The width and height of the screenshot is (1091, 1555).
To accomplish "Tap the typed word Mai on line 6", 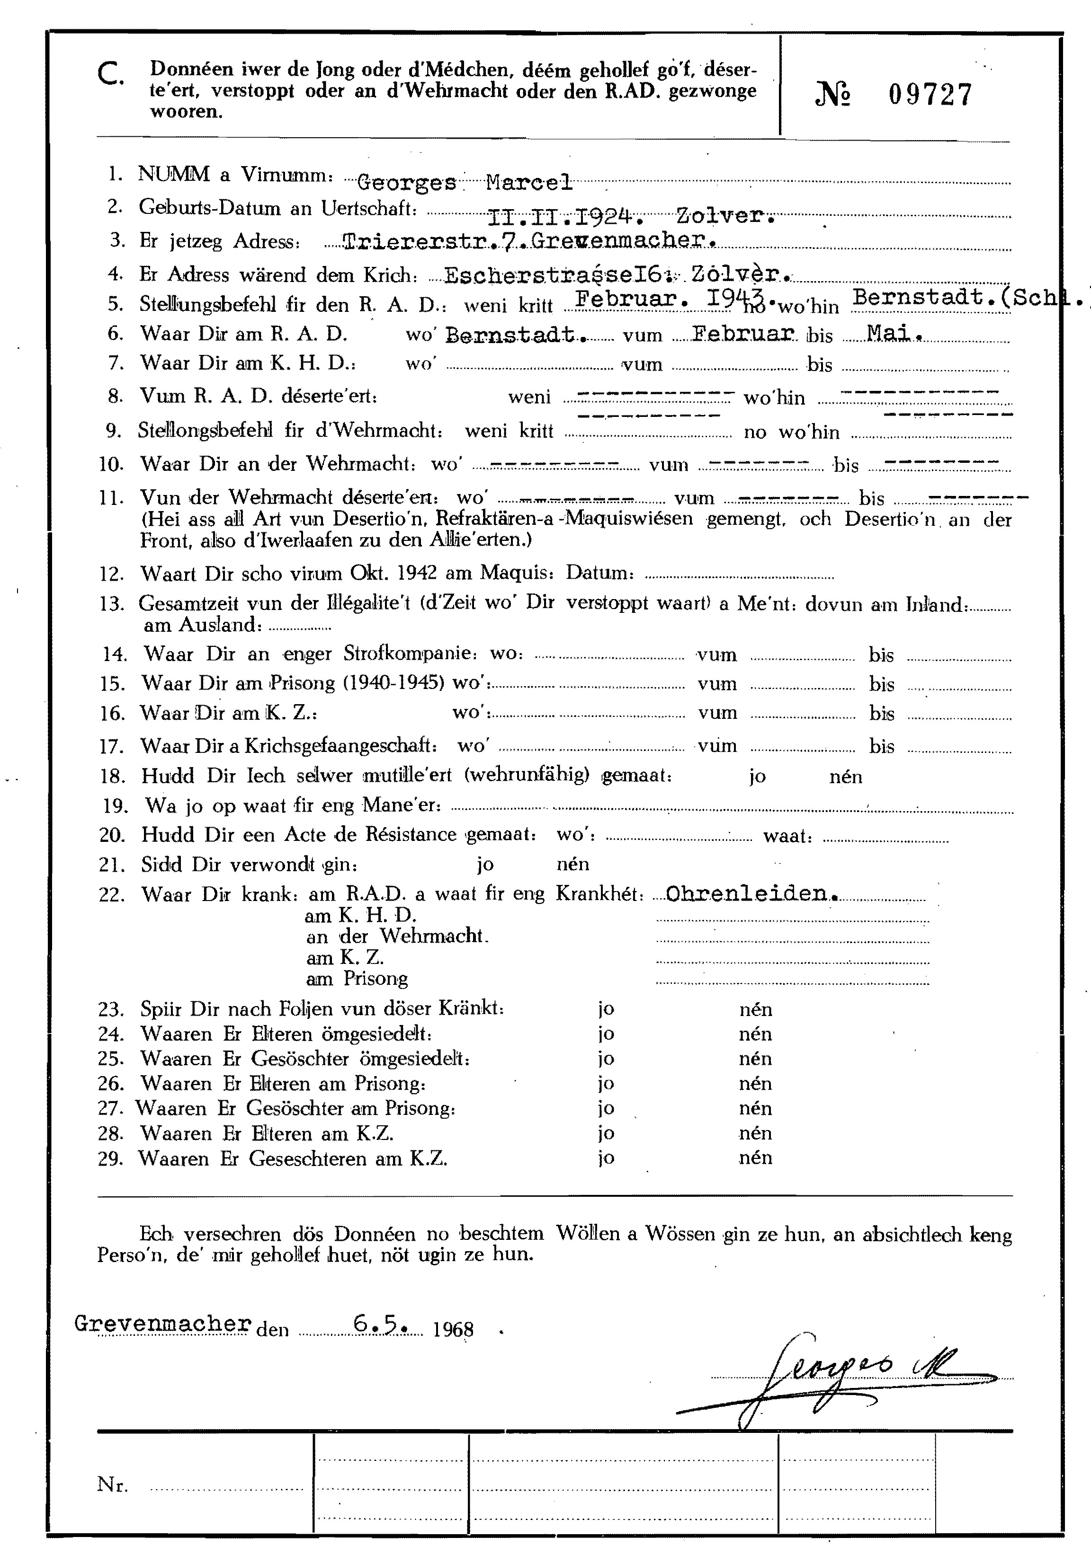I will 894,333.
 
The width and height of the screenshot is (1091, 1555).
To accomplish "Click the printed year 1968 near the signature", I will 453,1329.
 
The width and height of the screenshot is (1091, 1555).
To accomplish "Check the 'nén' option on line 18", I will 845,777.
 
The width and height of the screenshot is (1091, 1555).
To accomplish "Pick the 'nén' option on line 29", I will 755,1157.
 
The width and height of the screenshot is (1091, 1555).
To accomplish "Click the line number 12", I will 112,574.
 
